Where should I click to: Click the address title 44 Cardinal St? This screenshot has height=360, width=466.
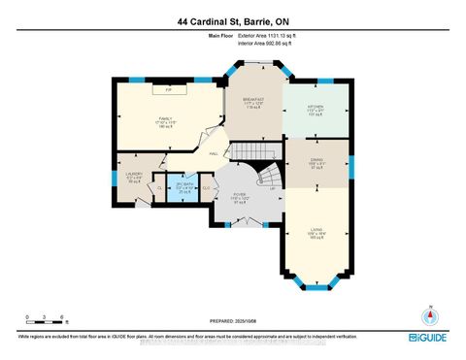pos(232,21)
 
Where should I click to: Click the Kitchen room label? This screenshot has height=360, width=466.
pos(315,110)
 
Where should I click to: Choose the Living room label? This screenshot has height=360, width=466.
pos(315,233)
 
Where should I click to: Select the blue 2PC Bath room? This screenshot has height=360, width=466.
pos(183,187)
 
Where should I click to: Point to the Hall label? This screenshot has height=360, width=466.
pos(213,152)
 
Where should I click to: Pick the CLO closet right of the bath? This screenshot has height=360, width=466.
pos(206,188)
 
